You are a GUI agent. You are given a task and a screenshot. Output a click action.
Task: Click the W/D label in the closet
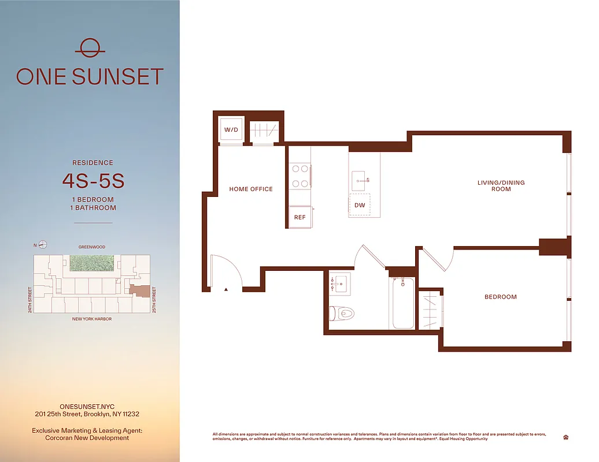coord(231,130)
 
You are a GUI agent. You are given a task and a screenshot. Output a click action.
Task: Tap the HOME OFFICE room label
coord(251,189)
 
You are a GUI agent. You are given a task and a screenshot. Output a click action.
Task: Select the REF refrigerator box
coord(299,218)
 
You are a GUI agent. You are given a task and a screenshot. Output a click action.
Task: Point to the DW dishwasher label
coord(360,205)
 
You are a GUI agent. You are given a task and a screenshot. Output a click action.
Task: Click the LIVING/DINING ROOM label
coord(501,186)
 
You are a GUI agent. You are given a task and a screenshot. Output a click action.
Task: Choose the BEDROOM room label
coord(500,297)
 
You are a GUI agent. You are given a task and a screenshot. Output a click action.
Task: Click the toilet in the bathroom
coord(342,314)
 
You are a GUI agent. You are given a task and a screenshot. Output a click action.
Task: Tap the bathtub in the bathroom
coord(403,303)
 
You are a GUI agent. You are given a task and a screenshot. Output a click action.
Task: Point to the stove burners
coord(299,176)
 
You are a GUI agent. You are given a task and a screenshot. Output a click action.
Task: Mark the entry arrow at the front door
coord(227,289)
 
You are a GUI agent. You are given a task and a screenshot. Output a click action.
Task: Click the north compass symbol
coord(42,244)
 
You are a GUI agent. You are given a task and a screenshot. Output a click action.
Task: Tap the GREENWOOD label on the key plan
coord(93,247)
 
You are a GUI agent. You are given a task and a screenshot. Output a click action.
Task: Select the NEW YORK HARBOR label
coord(91,319)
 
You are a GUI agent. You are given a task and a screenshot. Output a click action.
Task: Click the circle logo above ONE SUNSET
coord(90,48)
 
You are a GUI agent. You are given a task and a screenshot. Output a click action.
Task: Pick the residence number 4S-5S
coord(93,181)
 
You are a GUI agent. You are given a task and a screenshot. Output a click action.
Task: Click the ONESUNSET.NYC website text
coord(87,407)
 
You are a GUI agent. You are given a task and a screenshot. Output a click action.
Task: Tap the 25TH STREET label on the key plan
coord(154,300)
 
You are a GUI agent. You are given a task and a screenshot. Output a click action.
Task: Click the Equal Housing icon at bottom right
coord(565,437)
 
